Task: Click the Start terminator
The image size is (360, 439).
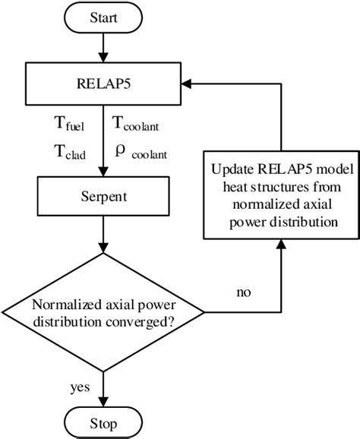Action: (103, 18)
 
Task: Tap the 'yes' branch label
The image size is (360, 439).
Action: (81, 387)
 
